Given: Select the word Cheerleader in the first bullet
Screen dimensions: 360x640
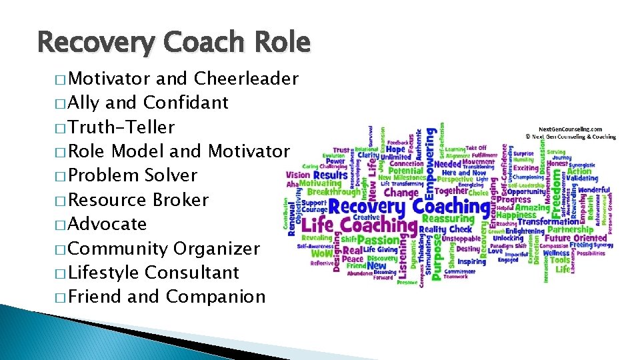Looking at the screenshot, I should pyautogui.click(x=246, y=79).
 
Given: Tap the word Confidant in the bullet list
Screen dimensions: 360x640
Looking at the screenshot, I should pyautogui.click(x=186, y=103).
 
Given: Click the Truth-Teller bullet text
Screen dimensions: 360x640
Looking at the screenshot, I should pyautogui.click(x=122, y=127).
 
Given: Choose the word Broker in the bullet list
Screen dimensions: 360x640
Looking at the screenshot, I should pyautogui.click(x=181, y=200).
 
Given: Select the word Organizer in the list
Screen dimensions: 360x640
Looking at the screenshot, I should pyautogui.click(x=216, y=249).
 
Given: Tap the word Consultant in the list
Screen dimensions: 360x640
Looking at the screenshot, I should pyautogui.click(x=191, y=273).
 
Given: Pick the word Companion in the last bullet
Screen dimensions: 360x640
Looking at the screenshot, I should pyautogui.click(x=216, y=297).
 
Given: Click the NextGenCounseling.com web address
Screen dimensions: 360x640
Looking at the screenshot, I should pyautogui.click(x=570, y=129).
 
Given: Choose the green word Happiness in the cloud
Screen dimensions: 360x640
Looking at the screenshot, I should pyautogui.click(x=516, y=215).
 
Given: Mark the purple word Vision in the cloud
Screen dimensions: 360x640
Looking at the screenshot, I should pyautogui.click(x=297, y=175).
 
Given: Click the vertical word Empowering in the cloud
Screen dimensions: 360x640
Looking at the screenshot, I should pyautogui.click(x=431, y=161).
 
